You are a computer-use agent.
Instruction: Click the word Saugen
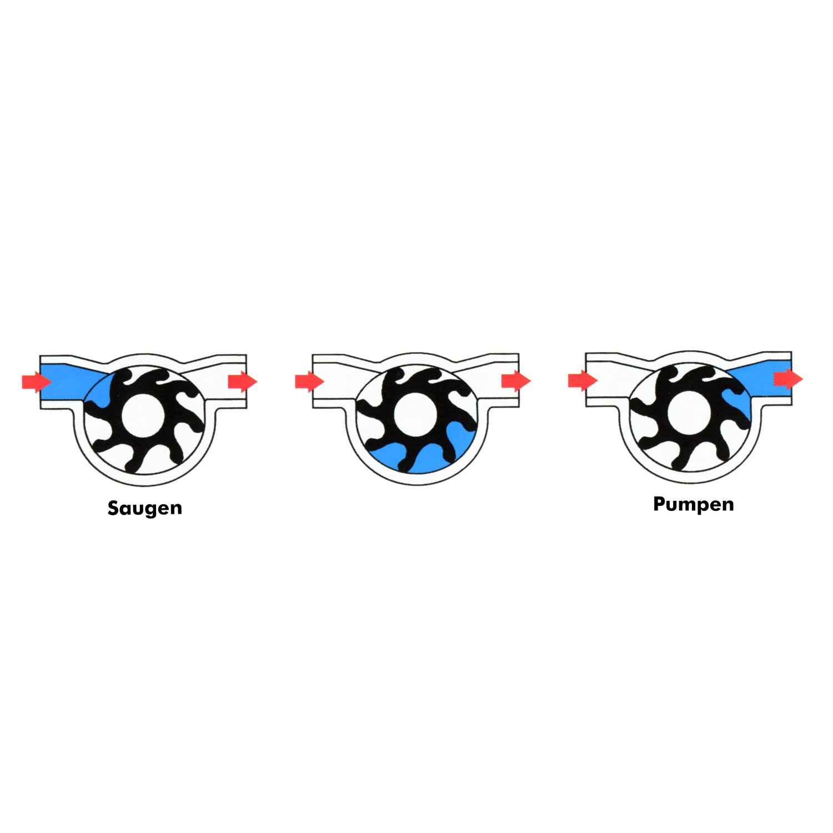(145, 509)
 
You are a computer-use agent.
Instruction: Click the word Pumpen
(694, 504)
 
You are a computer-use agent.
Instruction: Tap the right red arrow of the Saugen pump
(243, 382)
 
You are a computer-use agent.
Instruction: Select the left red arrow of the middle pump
(309, 382)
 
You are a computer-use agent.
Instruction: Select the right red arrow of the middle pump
(516, 381)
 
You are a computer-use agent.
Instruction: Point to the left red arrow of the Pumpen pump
(583, 381)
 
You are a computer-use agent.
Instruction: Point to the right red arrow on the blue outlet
(789, 379)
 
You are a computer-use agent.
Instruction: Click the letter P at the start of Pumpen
(659, 503)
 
